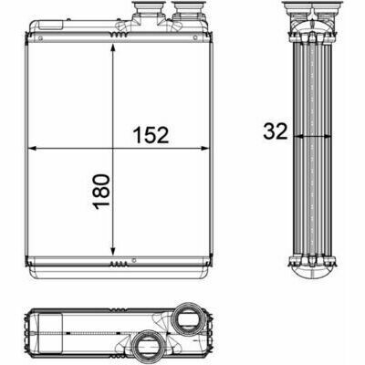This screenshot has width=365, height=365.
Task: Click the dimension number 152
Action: point(151,135)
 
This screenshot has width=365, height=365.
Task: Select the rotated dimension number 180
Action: point(102,192)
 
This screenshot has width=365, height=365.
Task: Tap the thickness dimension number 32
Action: point(276,131)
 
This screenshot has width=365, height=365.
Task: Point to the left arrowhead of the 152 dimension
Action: point(32,149)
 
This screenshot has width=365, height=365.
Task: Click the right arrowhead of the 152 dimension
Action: point(205,149)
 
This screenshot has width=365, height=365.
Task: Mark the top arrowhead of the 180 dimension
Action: point(113,48)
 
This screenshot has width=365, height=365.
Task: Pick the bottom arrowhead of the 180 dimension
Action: point(113,251)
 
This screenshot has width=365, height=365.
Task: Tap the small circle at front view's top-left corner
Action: point(40,38)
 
